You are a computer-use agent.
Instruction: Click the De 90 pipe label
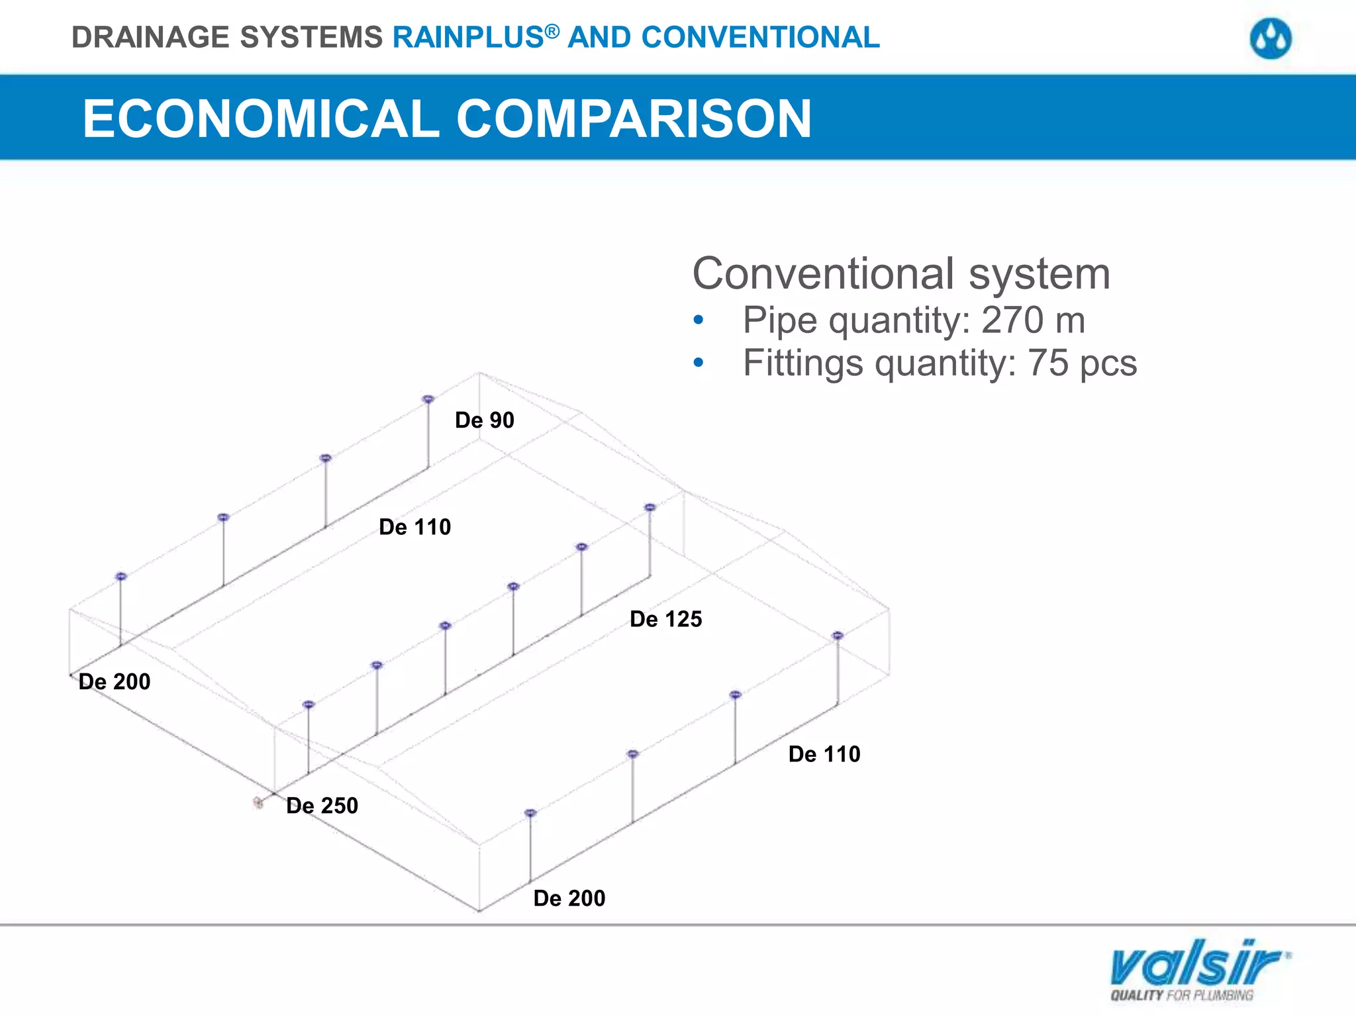(x=484, y=420)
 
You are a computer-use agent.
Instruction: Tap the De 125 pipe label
(x=665, y=619)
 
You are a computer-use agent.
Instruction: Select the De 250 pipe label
(x=322, y=806)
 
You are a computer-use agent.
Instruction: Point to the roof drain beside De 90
(x=428, y=399)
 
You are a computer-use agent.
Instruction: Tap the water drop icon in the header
(x=1271, y=39)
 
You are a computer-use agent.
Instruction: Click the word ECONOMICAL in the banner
(x=261, y=119)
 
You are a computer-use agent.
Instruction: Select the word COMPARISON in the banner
(x=634, y=119)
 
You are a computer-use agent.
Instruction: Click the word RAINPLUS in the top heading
(x=468, y=38)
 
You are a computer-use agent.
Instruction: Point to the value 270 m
(x=1033, y=320)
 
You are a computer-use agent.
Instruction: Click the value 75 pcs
(x=1082, y=363)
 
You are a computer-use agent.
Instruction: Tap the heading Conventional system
(x=901, y=274)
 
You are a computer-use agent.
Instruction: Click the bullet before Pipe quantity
(x=699, y=321)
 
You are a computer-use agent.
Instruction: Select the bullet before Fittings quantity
(x=699, y=363)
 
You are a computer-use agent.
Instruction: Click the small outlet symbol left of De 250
(x=258, y=802)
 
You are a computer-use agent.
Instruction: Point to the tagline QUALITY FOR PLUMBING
(x=1182, y=995)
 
